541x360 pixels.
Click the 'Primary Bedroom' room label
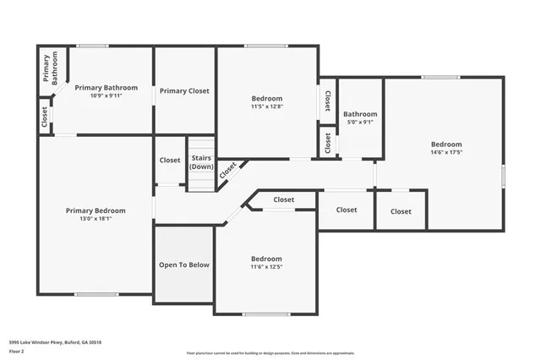pos(96,210)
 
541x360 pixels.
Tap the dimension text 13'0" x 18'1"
pos(96,219)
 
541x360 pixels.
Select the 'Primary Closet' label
pos(184,90)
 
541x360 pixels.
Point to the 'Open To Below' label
pos(184,265)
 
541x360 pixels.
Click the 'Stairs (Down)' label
pos(201,161)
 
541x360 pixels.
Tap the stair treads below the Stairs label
pos(201,181)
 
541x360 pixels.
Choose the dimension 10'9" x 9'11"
pos(107,95)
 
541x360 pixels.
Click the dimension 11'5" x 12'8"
pos(267,106)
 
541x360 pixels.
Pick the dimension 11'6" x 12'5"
pos(266,267)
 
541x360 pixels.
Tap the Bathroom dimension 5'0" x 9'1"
pos(360,123)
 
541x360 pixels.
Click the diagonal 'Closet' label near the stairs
pos(228,170)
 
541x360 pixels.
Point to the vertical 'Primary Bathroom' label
pos(49,68)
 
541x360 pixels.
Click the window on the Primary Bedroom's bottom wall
pos(96,294)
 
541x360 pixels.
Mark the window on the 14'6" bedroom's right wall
pos(503,176)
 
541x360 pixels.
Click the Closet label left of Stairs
pos(170,160)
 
